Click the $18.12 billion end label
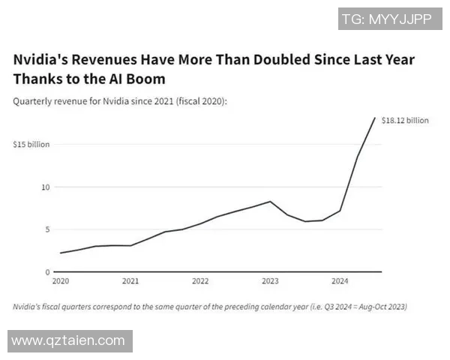pyautogui.click(x=405, y=120)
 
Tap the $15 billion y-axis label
pyautogui.click(x=31, y=144)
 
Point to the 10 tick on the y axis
pyautogui.click(x=46, y=187)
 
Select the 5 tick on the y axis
pyautogui.click(x=47, y=229)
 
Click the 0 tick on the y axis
pyautogui.click(x=47, y=272)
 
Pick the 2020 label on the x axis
pyautogui.click(x=60, y=282)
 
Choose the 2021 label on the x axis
pyautogui.click(x=130, y=282)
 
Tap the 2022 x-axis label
pyautogui.click(x=200, y=282)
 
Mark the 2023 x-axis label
pyautogui.click(x=270, y=282)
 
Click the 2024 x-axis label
pyautogui.click(x=340, y=282)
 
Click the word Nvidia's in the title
pyautogui.click(x=42, y=60)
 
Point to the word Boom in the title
pyautogui.click(x=147, y=79)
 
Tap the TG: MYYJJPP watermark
pyautogui.click(x=387, y=19)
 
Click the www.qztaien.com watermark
pyautogui.click(x=68, y=340)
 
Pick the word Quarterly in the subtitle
pyautogui.click(x=34, y=100)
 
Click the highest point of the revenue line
pyautogui.click(x=375, y=118)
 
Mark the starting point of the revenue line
pyautogui.click(x=61, y=253)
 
